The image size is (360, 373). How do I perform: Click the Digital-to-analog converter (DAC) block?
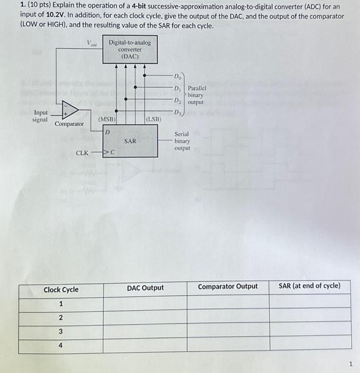(130, 50)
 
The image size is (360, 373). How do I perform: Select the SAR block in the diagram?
(130, 141)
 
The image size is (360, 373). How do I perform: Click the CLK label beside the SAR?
(82, 153)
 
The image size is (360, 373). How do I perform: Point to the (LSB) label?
(153, 119)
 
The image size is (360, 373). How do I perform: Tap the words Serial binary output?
(182, 141)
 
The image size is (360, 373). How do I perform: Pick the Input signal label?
(40, 116)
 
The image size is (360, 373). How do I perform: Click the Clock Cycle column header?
(61, 290)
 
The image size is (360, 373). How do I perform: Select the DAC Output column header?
(145, 288)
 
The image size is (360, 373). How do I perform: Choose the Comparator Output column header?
(227, 287)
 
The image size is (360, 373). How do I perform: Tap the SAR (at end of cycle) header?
(309, 286)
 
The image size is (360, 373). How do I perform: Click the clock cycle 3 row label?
(61, 331)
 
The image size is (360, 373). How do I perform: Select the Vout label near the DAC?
(93, 43)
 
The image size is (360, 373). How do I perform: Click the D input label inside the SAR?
(107, 131)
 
